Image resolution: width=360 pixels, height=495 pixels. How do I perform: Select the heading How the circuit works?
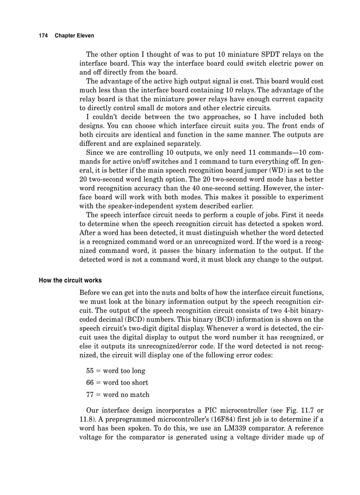point(70,280)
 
